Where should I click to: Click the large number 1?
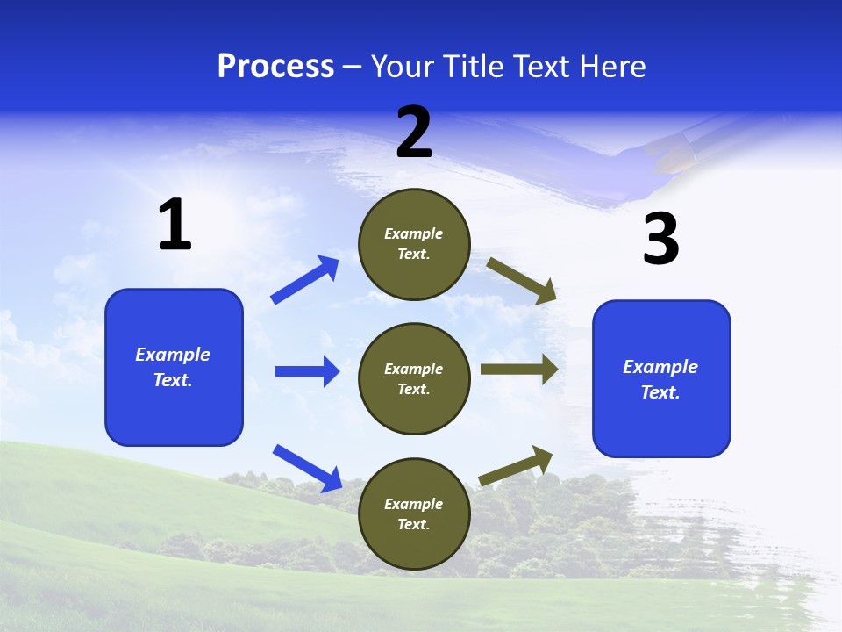(x=175, y=226)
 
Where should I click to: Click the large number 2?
(x=414, y=133)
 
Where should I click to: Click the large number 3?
(x=660, y=239)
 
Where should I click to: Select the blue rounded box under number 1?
(x=174, y=367)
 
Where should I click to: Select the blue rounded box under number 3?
(x=661, y=378)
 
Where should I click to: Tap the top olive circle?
(x=414, y=244)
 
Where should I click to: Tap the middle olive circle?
(x=414, y=378)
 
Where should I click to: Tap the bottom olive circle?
(x=414, y=513)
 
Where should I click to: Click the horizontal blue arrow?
(x=307, y=371)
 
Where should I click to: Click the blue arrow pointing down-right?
(x=308, y=468)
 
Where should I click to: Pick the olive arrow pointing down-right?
(x=522, y=280)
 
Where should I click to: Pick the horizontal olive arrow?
(x=519, y=369)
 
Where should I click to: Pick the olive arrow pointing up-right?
(x=516, y=465)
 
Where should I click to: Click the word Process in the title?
(x=275, y=66)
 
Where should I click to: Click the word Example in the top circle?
(x=414, y=233)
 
